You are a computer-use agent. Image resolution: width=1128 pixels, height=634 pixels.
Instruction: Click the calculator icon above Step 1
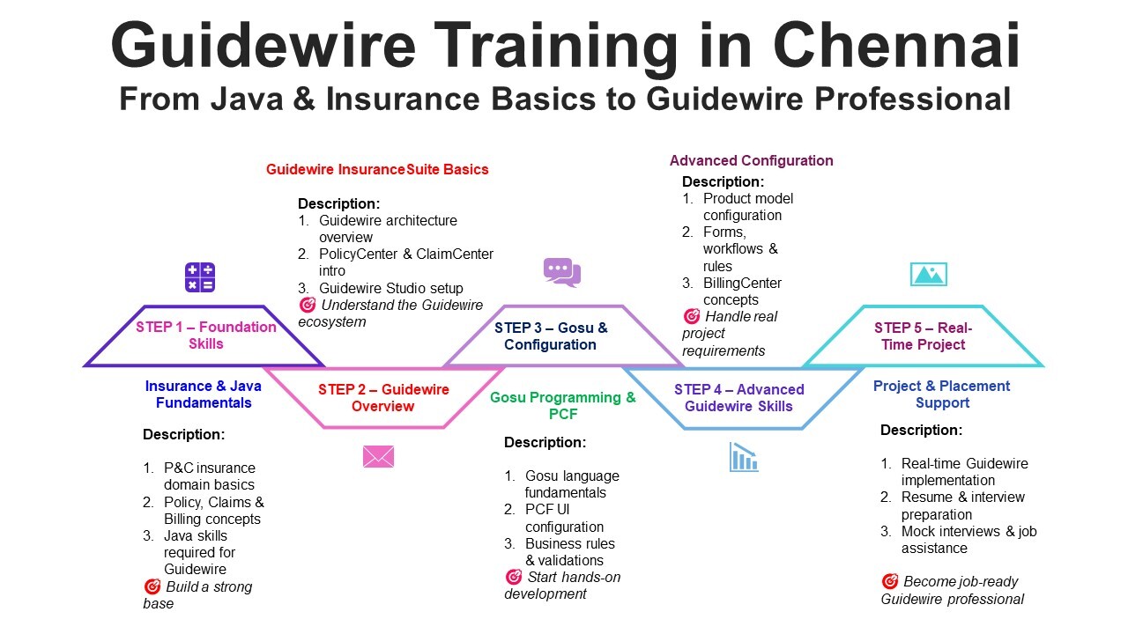tap(200, 277)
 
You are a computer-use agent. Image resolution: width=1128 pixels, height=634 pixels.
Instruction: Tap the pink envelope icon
tap(378, 456)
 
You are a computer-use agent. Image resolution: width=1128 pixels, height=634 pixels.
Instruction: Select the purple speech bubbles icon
tap(561, 272)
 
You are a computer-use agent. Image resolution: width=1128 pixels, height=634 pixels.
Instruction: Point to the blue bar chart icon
tap(744, 457)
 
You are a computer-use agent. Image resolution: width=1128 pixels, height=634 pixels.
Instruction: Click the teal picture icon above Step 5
tap(928, 274)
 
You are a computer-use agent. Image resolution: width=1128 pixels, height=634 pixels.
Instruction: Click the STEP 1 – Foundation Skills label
tap(205, 335)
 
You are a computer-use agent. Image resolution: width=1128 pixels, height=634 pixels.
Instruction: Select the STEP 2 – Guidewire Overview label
tap(383, 398)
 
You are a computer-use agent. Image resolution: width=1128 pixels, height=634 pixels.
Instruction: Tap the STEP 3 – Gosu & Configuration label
tap(551, 336)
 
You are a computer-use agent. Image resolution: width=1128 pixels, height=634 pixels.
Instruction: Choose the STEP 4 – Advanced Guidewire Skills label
tap(738, 398)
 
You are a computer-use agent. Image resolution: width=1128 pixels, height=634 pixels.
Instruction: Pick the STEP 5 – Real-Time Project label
tap(923, 336)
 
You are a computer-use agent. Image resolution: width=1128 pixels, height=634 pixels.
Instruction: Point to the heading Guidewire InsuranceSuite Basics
tap(377, 169)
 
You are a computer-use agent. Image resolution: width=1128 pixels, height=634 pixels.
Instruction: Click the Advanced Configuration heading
tap(751, 160)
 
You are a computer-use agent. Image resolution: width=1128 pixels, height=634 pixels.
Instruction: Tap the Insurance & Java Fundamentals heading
tap(204, 394)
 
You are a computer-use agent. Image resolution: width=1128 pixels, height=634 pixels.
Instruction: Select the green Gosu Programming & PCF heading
tap(562, 406)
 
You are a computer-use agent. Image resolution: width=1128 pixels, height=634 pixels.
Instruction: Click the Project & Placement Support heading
tap(941, 394)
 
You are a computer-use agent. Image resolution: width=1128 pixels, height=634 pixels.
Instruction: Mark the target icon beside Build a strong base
tap(152, 586)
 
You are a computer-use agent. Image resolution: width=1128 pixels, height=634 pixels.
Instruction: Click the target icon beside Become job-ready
tap(889, 581)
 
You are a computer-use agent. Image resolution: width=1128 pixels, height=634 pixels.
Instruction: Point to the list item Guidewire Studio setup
tap(390, 288)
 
